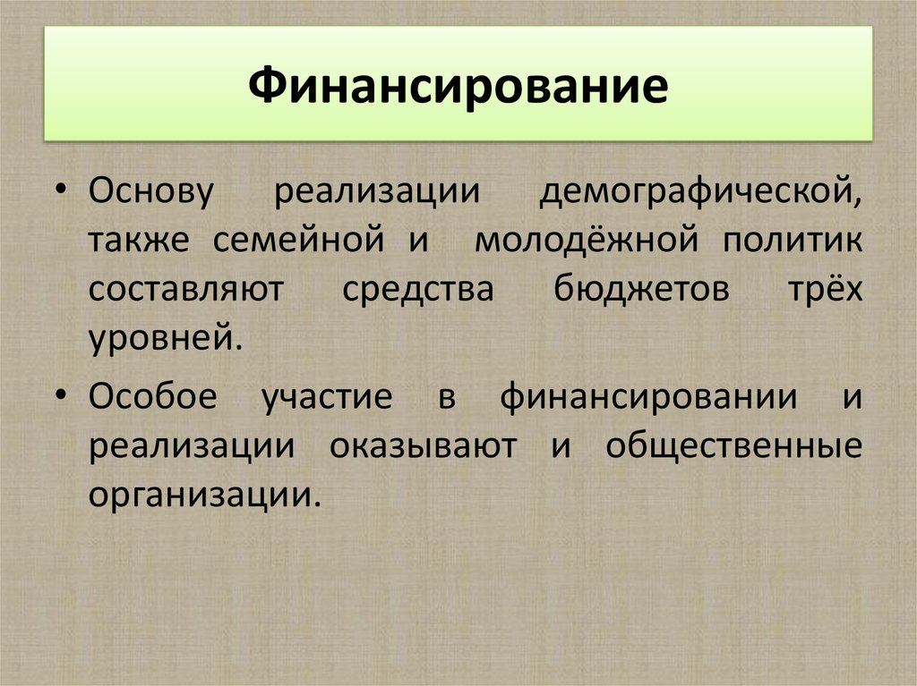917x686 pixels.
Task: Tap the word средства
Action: [417, 291]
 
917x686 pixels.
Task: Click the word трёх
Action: [827, 291]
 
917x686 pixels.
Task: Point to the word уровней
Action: [165, 340]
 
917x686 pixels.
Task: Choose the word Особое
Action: [152, 396]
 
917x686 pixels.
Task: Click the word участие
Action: [327, 396]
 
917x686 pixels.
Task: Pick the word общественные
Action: [733, 445]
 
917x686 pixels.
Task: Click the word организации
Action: [203, 494]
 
